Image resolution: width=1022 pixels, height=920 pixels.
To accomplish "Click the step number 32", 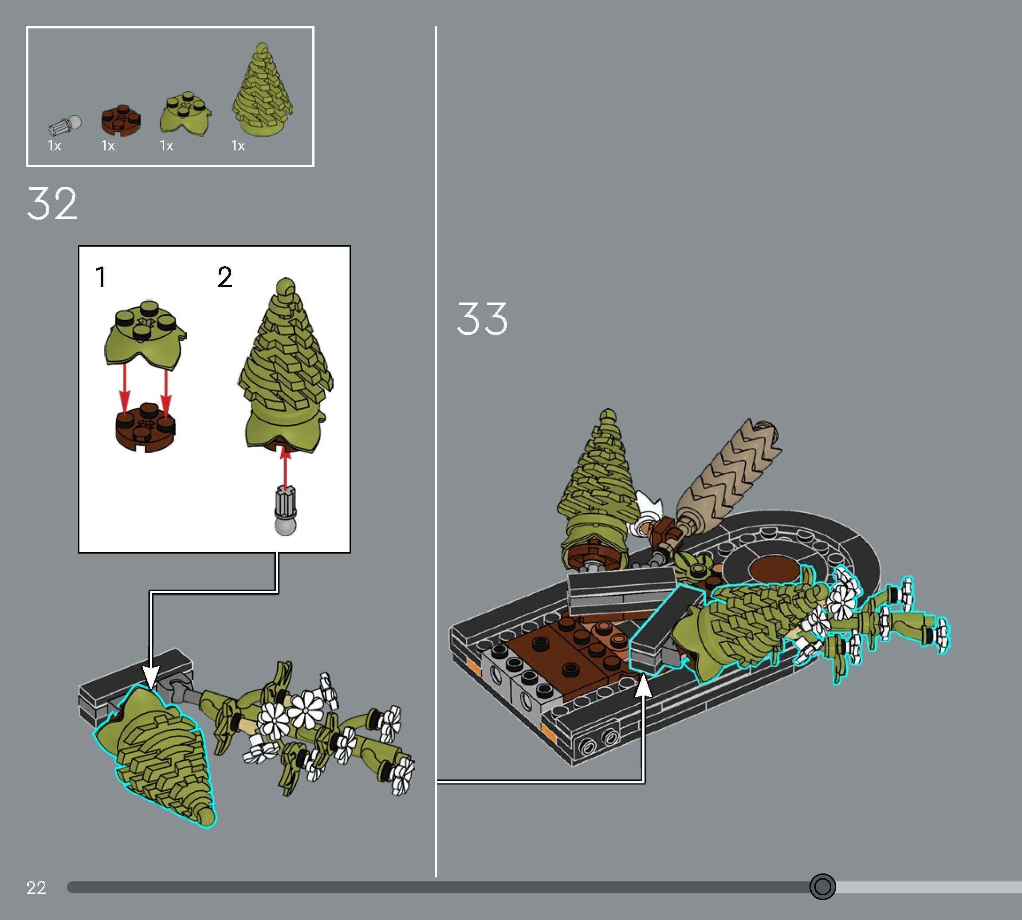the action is pyautogui.click(x=52, y=203).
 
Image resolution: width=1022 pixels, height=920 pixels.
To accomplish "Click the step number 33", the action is pyautogui.click(x=482, y=318).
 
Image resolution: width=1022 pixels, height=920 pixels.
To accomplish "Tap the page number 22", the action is pyautogui.click(x=36, y=888).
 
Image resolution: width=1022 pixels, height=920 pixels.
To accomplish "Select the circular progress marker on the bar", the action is pyautogui.click(x=822, y=886).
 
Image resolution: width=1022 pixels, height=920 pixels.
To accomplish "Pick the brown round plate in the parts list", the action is pyautogui.click(x=121, y=121).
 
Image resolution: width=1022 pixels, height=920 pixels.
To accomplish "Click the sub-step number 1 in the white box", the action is pyautogui.click(x=101, y=277).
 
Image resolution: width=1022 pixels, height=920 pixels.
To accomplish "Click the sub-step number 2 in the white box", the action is pyautogui.click(x=225, y=277).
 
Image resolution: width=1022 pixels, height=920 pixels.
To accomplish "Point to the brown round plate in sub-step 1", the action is pyautogui.click(x=145, y=427).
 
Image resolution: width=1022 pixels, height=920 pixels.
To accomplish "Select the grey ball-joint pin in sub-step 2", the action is pyautogui.click(x=286, y=511).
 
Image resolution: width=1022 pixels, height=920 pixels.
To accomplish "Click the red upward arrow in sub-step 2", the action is pyautogui.click(x=286, y=470).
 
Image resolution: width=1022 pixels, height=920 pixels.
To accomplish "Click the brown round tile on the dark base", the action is pyautogui.click(x=773, y=569).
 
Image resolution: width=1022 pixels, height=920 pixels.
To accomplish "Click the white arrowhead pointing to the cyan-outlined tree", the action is pyautogui.click(x=151, y=678).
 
